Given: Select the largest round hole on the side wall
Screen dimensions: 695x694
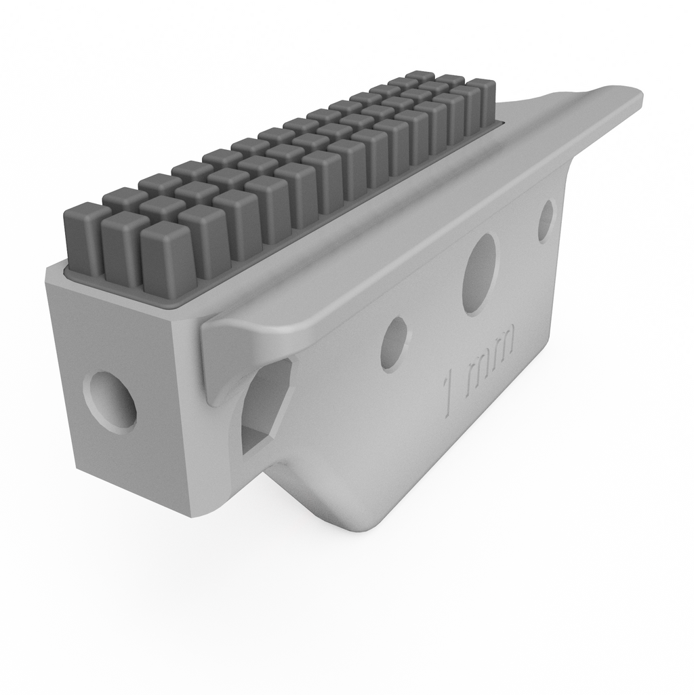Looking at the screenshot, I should tap(479, 274).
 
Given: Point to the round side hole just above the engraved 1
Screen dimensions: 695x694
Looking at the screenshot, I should tap(394, 344).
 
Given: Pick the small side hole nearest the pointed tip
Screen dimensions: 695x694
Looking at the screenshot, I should tap(546, 221).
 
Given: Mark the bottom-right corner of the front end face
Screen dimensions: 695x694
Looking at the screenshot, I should tap(197, 515).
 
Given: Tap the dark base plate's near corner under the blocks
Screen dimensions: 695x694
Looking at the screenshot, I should tap(171, 305).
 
